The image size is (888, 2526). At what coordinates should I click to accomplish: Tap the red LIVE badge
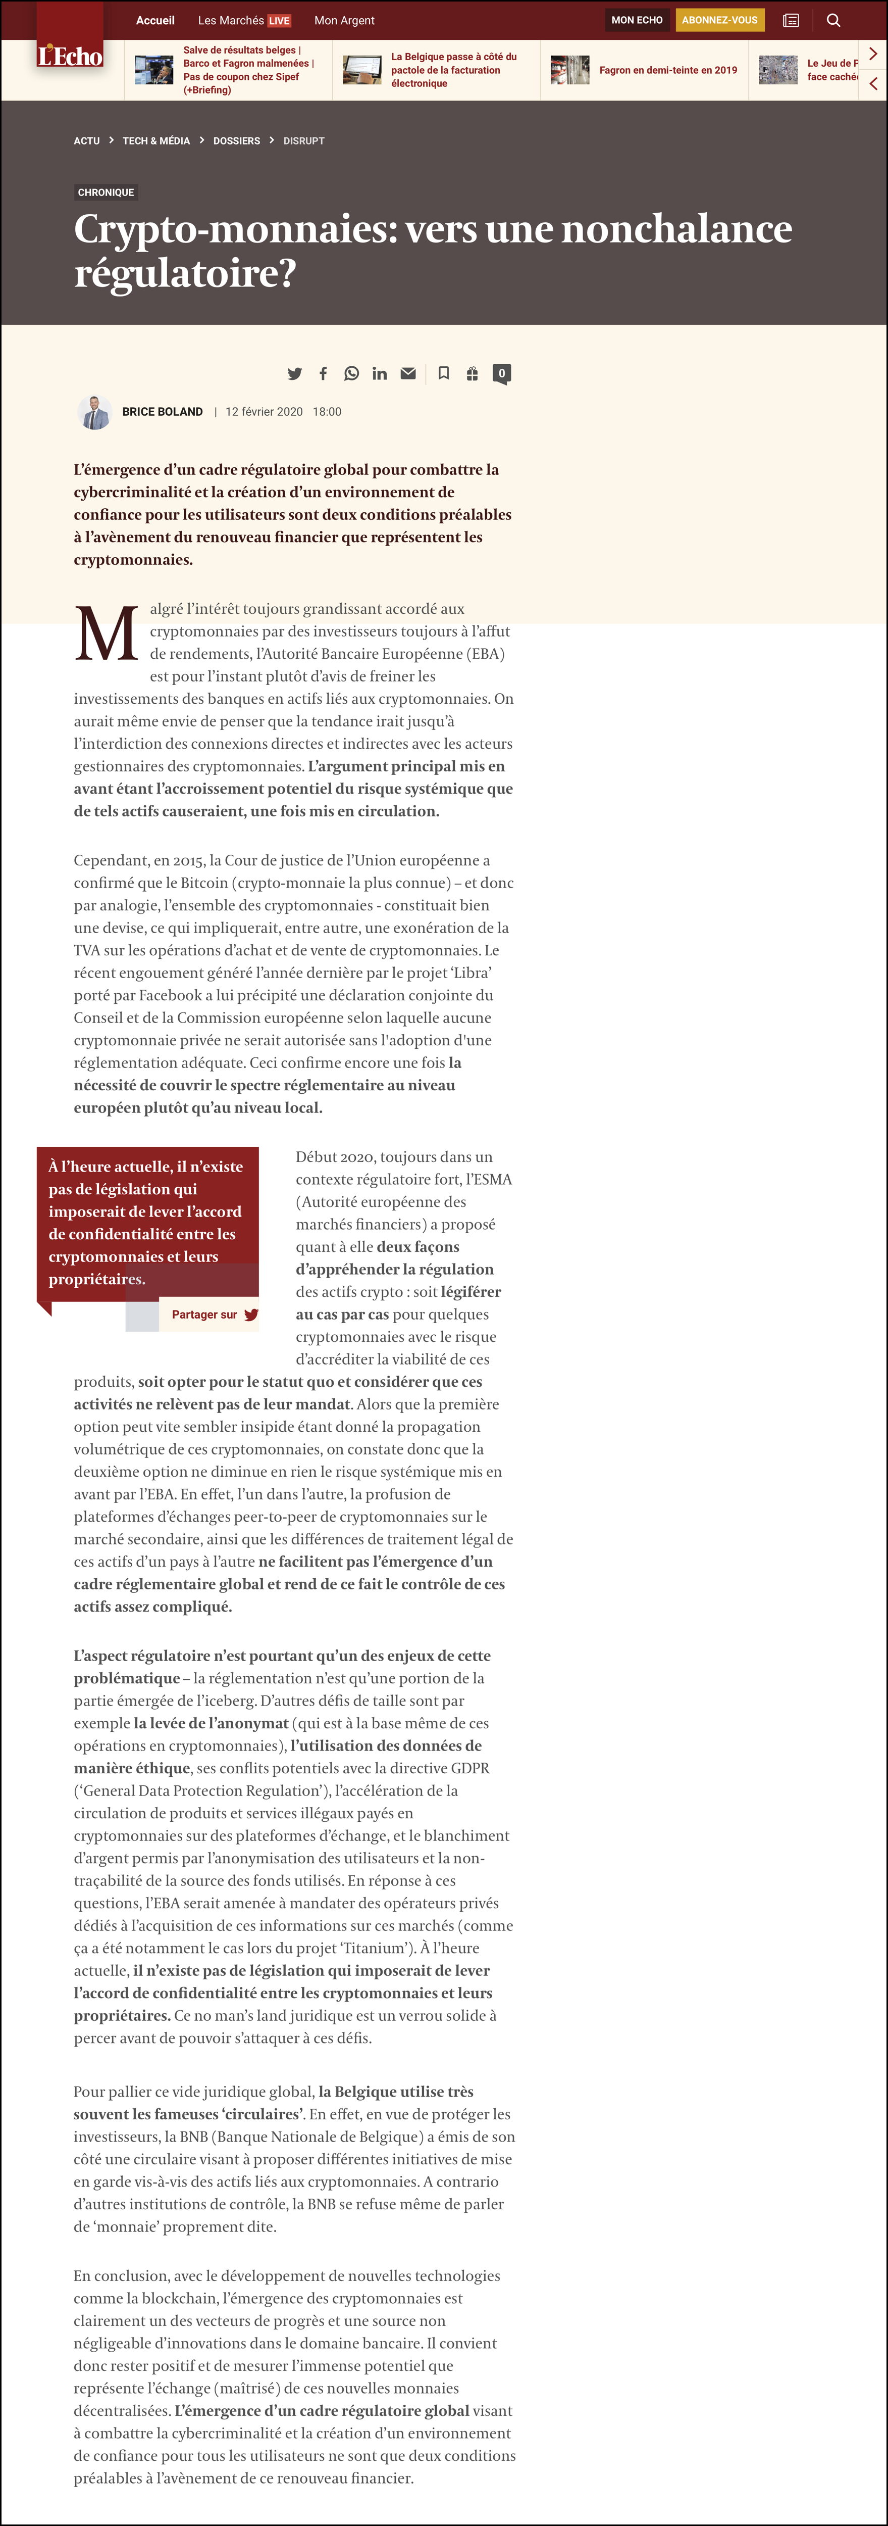coord(279,21)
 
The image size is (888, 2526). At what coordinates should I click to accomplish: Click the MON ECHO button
coord(637,20)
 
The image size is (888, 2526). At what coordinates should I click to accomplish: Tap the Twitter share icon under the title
coord(294,374)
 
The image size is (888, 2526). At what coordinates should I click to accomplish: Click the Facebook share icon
coord(324,374)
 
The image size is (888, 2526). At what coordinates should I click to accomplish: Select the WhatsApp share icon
coord(351,374)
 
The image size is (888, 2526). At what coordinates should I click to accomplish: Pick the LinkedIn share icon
coord(379,374)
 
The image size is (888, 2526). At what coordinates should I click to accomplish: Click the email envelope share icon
coord(408,374)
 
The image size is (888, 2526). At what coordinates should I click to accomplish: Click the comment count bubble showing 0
coord(502,374)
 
